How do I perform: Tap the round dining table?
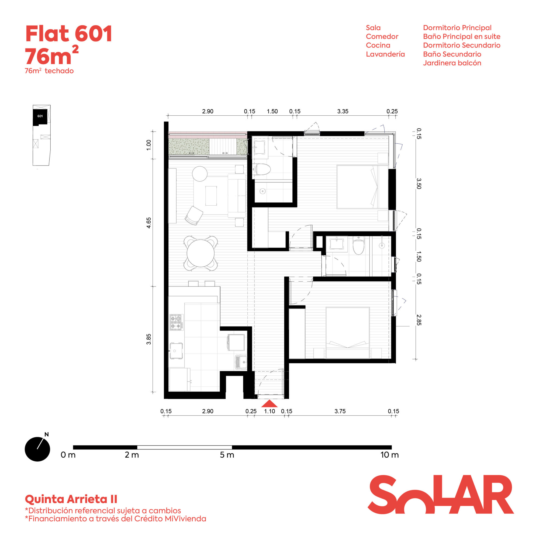click(200, 253)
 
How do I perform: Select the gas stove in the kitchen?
click(177, 322)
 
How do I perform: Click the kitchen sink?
click(176, 351)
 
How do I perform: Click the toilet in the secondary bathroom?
click(358, 246)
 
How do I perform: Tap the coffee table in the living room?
click(211, 196)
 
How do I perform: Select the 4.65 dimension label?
click(149, 223)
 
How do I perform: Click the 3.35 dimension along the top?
click(343, 111)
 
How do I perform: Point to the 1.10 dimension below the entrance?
click(269, 411)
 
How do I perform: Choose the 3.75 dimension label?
click(340, 411)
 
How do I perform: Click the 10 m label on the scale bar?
click(389, 455)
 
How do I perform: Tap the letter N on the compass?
click(47, 434)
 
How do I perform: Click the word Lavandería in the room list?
click(385, 54)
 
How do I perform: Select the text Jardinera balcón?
click(452, 63)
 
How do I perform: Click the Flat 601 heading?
click(69, 34)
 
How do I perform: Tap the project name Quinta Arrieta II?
click(71, 499)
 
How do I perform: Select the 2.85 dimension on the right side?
click(419, 320)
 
